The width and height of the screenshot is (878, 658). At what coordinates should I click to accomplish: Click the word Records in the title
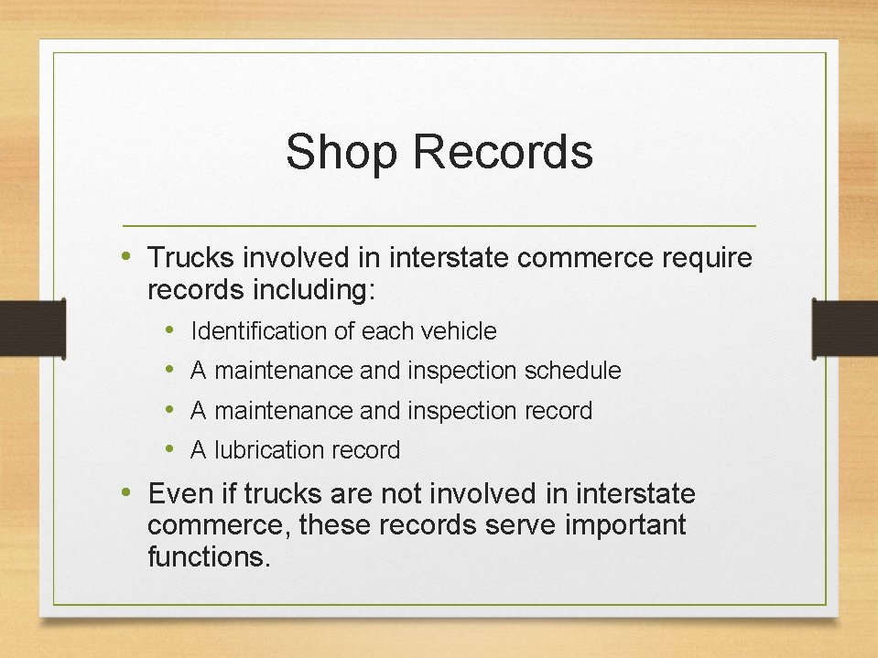[503, 152]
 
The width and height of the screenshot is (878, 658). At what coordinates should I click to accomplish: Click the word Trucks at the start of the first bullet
[188, 258]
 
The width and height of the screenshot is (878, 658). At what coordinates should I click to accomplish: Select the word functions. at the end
[209, 556]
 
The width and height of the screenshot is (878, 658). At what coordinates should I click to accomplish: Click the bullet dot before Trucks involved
[129, 256]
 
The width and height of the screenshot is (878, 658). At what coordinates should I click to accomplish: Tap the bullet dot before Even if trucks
[129, 493]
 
